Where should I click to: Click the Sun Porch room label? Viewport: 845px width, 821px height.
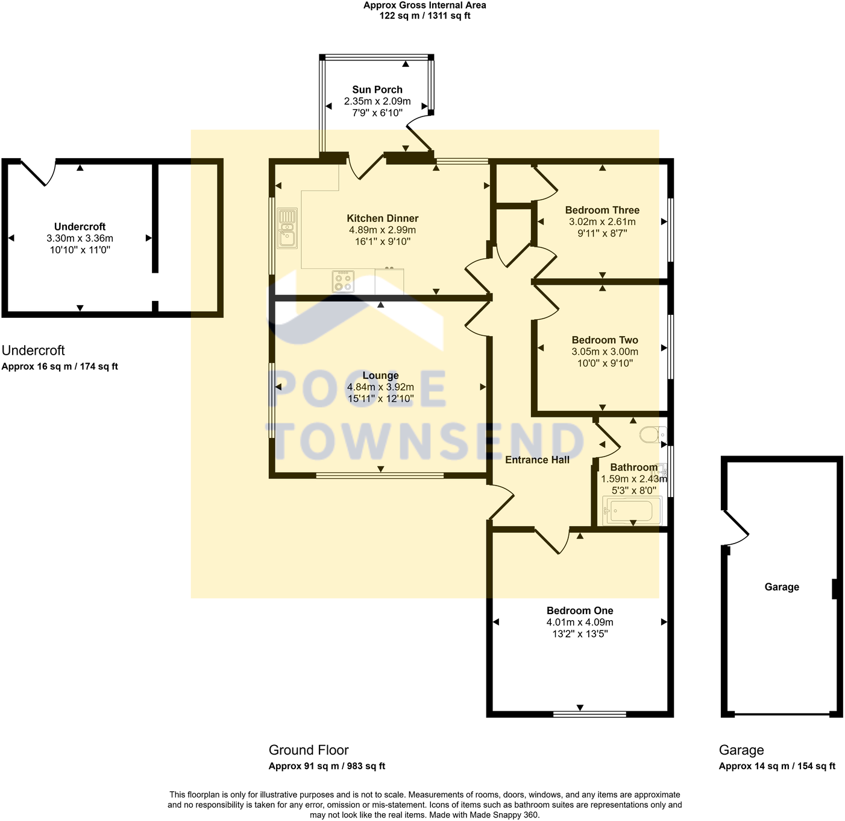pos(377,89)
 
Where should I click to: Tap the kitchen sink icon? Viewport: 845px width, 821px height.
pos(287,228)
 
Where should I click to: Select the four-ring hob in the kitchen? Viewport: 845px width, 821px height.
pos(343,282)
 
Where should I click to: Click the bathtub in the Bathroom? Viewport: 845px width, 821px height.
pos(631,512)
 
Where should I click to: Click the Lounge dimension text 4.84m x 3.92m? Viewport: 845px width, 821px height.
pos(380,387)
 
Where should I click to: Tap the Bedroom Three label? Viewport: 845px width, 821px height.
pos(602,210)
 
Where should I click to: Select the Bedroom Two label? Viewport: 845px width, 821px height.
pos(605,340)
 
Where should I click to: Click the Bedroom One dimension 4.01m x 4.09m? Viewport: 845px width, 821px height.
pos(580,623)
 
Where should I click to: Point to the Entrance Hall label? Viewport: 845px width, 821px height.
pos(537,460)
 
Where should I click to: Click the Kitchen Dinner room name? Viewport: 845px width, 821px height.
pos(382,218)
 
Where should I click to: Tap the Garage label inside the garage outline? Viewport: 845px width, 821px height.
pos(782,587)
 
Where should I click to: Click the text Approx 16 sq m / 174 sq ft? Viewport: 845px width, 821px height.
pos(60,366)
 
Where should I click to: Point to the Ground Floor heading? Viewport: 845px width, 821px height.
pos(309,750)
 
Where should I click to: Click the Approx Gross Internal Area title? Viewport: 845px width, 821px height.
pos(424,5)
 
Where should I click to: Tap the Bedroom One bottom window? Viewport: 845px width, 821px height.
pos(589,714)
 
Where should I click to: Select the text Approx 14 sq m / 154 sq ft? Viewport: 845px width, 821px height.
pos(777,766)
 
